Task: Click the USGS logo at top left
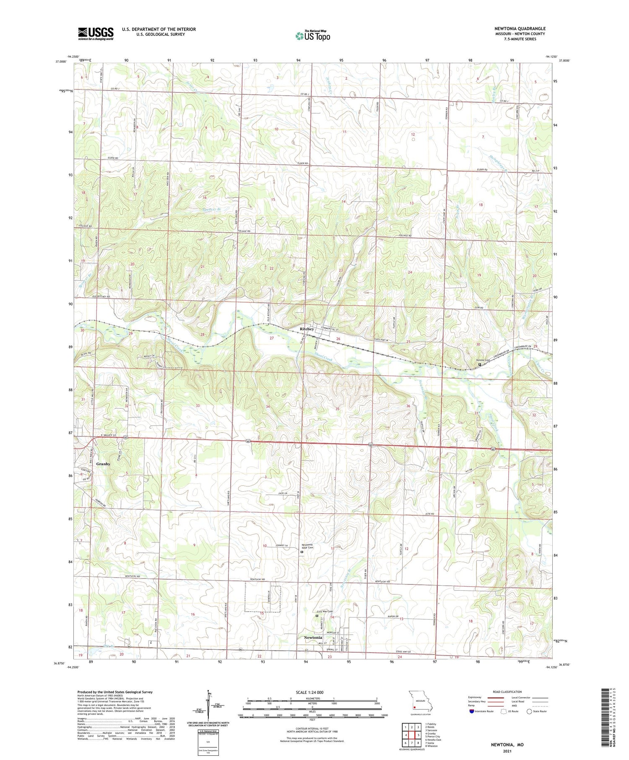click(96, 34)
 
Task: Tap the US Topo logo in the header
click(313, 36)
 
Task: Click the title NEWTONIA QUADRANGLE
click(520, 29)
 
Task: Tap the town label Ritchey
click(307, 329)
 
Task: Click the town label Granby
click(103, 464)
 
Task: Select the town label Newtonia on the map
click(313, 638)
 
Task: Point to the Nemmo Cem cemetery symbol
click(480, 365)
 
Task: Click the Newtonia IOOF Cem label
click(307, 546)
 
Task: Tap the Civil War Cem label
click(324, 612)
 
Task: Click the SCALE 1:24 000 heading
click(312, 692)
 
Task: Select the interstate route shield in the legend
click(472, 711)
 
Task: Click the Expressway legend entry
click(476, 698)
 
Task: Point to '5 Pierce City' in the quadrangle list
click(433, 736)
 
